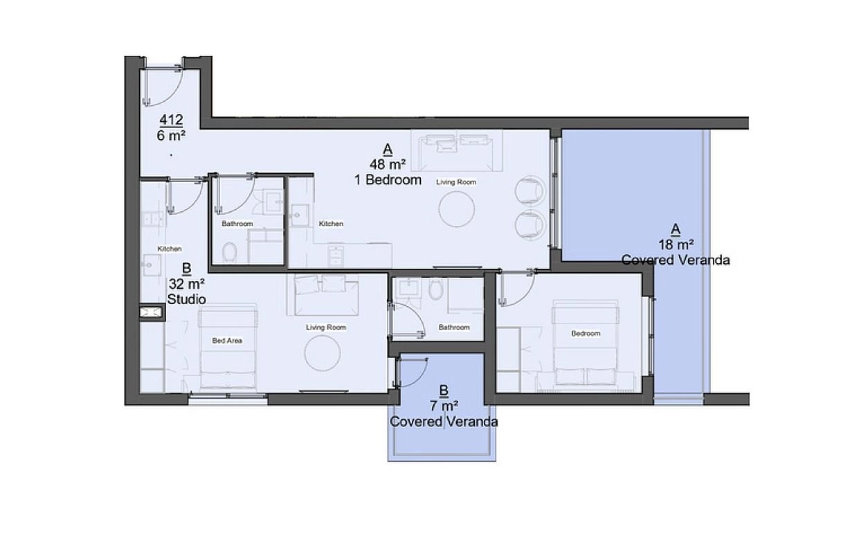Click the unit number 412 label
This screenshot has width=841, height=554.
(171, 120)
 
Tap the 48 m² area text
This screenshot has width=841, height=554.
(388, 165)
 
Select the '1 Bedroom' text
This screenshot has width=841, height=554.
(388, 180)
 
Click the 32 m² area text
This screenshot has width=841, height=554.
(187, 284)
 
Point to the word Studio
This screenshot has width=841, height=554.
(187, 299)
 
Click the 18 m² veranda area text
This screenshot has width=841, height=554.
(676, 245)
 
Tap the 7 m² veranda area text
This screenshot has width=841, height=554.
(444, 406)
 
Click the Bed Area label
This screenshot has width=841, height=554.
(227, 341)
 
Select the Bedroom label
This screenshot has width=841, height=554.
(586, 334)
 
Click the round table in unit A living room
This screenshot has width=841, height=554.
(457, 209)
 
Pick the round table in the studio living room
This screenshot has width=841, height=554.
(323, 353)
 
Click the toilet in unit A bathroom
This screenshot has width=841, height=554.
(229, 252)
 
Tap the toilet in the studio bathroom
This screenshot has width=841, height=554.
(435, 289)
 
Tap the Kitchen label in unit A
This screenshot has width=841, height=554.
(331, 224)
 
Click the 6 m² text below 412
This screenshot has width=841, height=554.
(171, 136)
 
